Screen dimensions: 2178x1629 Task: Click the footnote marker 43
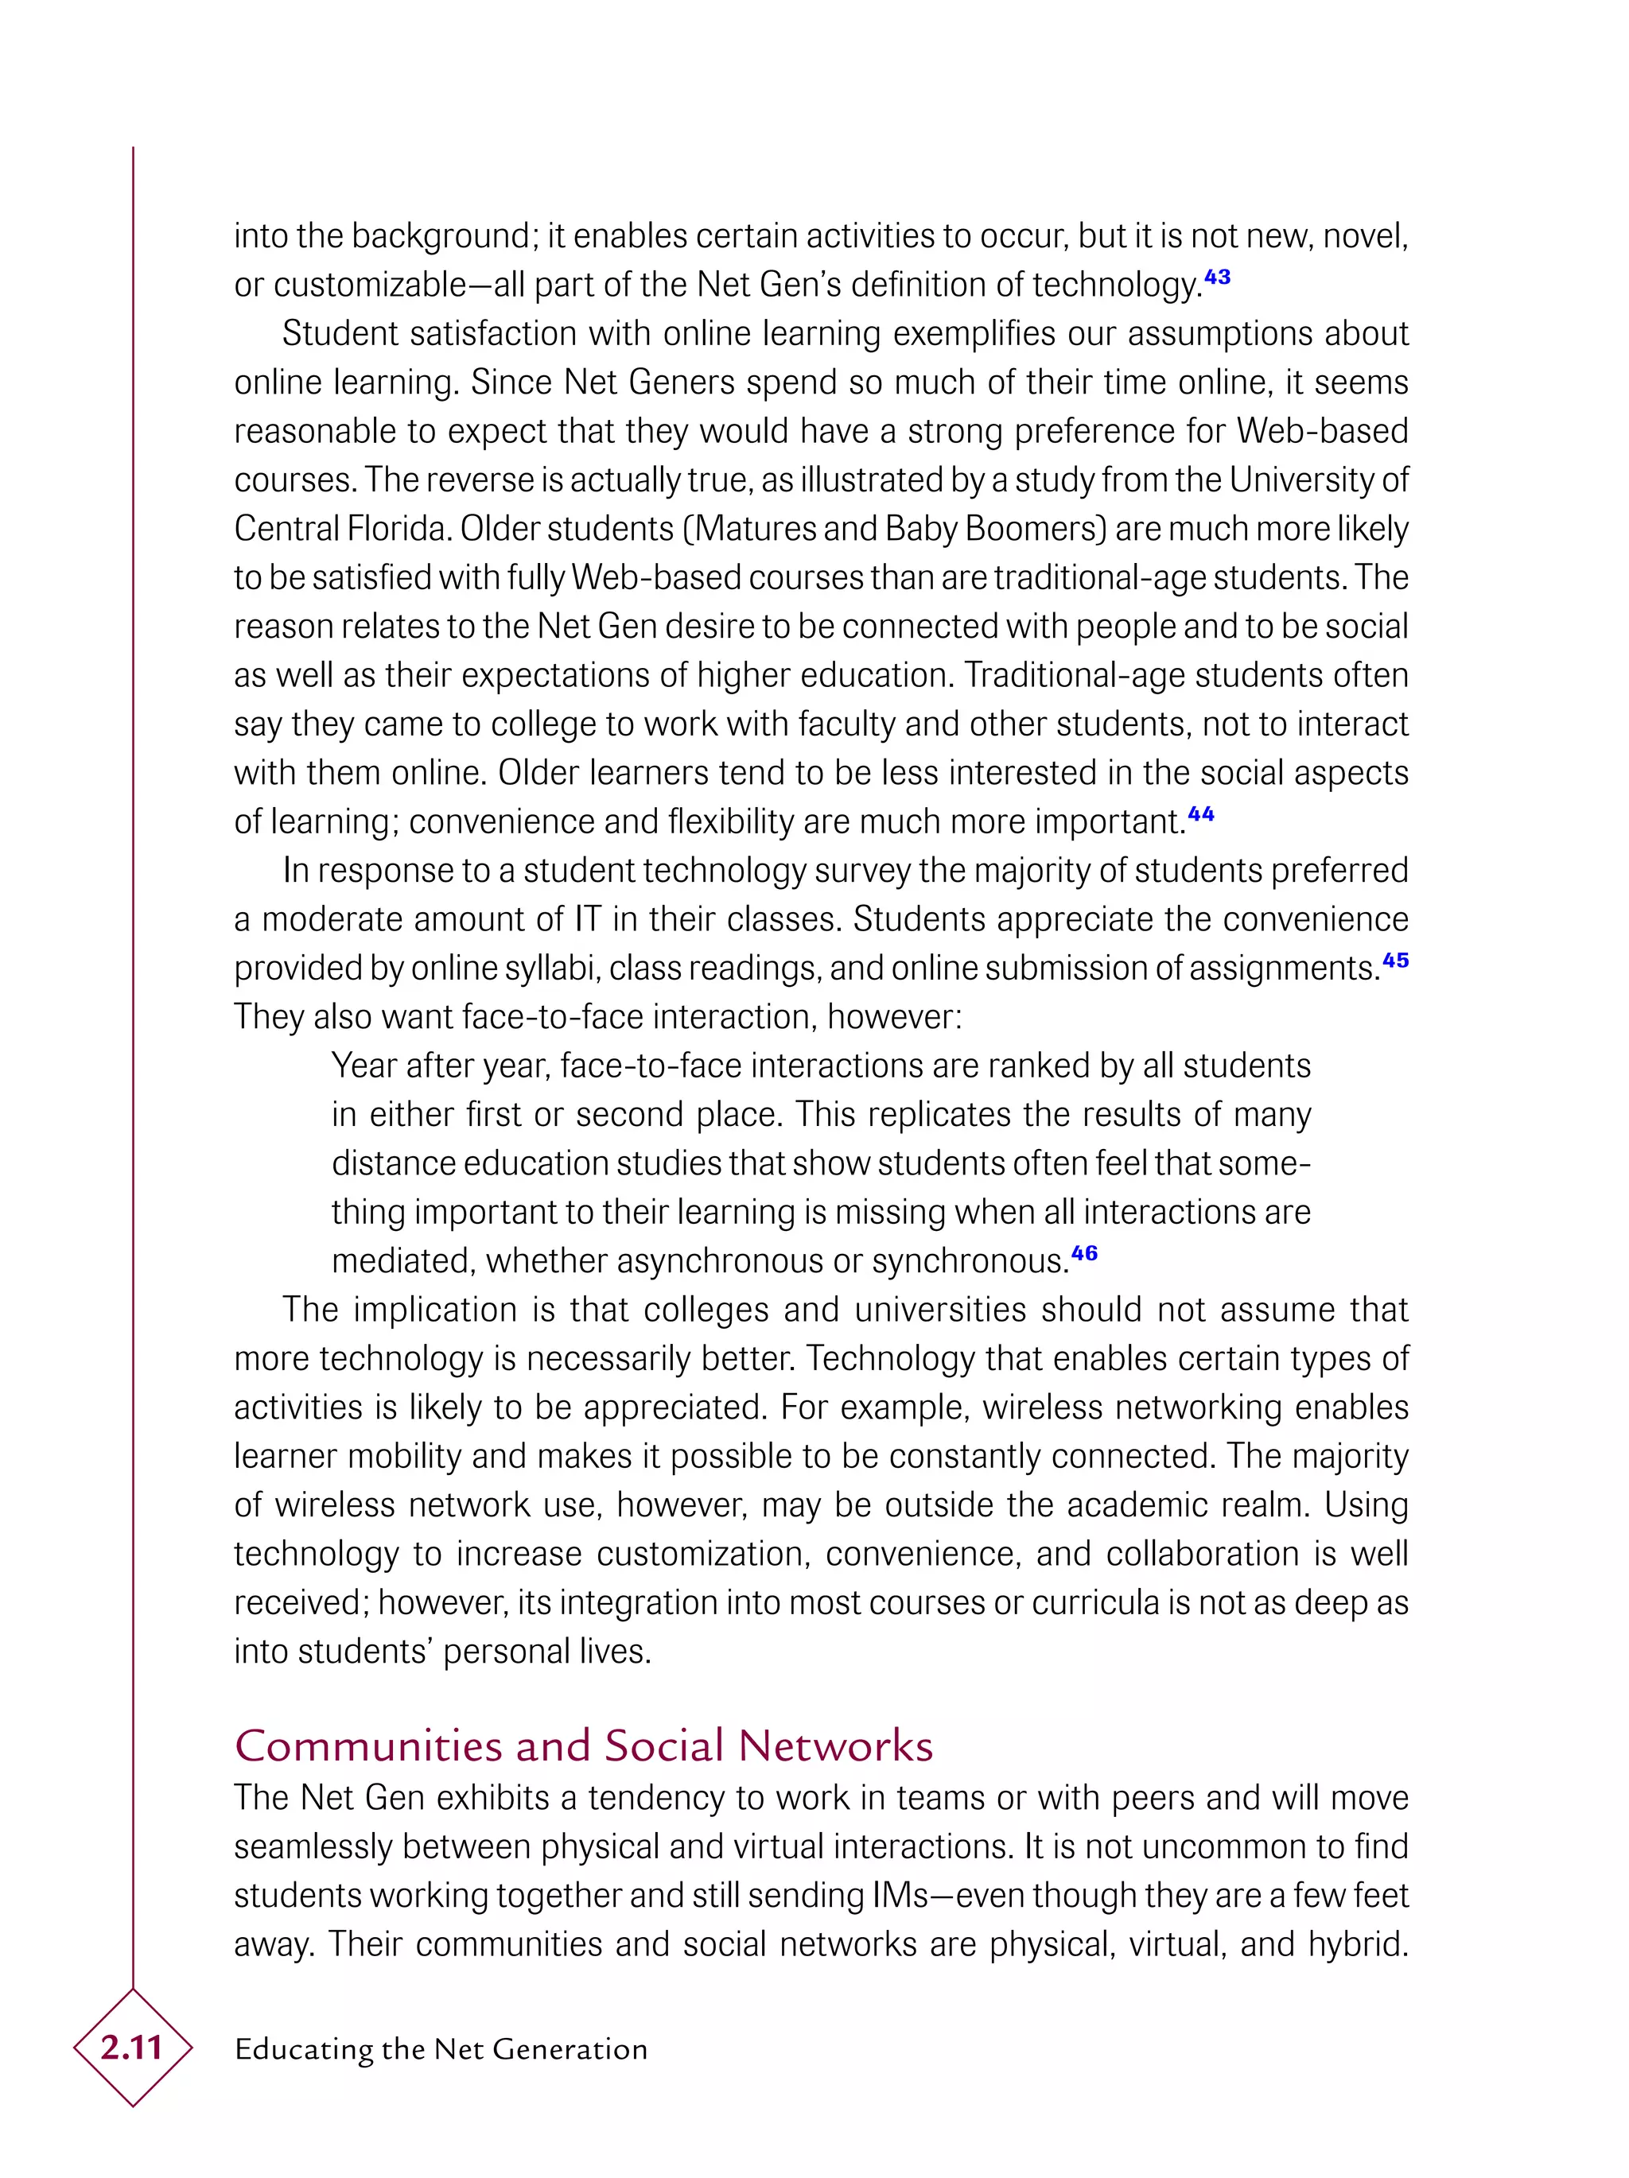click(1217, 277)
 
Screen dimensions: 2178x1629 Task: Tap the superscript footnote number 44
click(1200, 813)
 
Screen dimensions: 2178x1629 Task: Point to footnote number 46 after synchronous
click(1084, 1252)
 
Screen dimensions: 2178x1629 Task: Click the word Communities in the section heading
click(368, 1745)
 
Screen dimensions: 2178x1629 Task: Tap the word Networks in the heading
click(835, 1745)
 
